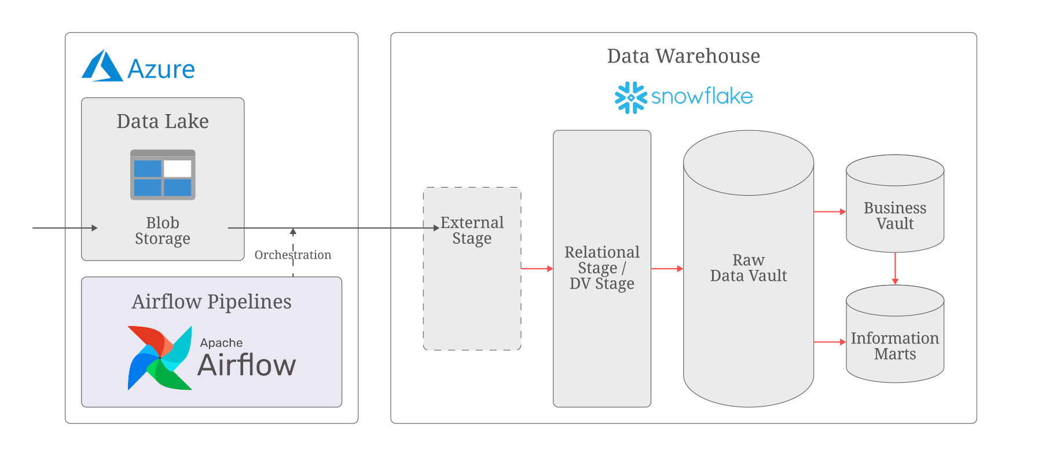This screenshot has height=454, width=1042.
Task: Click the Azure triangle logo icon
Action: coord(102,67)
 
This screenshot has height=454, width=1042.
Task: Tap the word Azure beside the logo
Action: coord(161,69)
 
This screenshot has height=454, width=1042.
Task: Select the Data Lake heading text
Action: coord(163,121)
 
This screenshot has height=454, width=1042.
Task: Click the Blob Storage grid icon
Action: coord(163,175)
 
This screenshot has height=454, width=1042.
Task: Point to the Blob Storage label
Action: coord(163,230)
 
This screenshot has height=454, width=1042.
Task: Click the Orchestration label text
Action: coord(293,255)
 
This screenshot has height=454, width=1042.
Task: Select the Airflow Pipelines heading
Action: coord(211,302)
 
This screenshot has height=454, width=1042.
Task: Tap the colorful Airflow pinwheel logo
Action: coord(160,358)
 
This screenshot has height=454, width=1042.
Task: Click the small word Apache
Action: coord(221,343)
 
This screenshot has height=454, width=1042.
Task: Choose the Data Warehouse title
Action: coord(683,56)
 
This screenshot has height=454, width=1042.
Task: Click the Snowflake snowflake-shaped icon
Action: coord(630,97)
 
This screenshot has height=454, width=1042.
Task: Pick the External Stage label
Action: coord(472,230)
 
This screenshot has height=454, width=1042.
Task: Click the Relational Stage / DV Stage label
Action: coord(602,268)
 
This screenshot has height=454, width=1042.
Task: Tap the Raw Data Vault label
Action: coord(749,268)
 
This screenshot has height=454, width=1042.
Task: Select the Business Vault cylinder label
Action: coord(895,215)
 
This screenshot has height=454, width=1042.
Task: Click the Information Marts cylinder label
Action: coord(895,346)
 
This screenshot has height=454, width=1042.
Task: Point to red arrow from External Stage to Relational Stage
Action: coord(537,269)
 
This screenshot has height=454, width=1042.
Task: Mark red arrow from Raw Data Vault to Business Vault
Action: coord(830,212)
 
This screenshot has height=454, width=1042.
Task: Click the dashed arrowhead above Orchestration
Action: coord(293,232)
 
